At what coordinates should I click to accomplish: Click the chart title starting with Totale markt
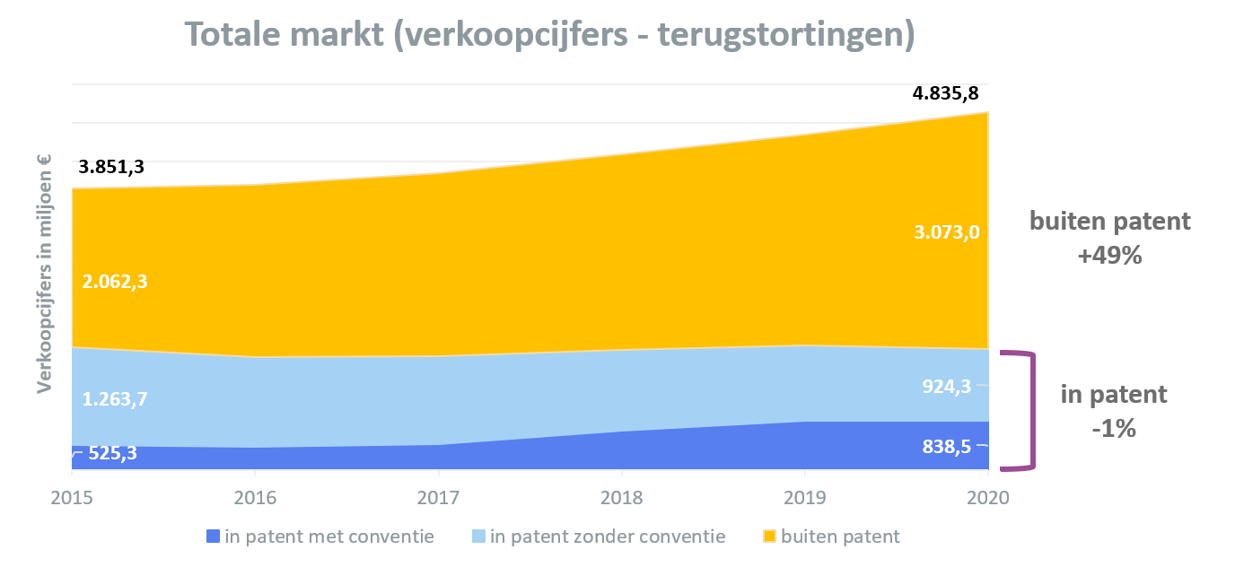(549, 34)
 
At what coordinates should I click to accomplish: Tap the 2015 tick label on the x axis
(72, 498)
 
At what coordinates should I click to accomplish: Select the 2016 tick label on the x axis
(255, 498)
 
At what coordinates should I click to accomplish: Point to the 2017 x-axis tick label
(438, 498)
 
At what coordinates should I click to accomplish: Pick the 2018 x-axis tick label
(621, 498)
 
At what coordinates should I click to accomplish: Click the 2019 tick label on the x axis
(805, 498)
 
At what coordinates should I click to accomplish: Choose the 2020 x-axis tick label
(988, 498)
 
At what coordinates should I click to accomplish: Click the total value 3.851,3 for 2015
(111, 167)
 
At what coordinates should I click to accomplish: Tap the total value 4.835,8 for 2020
(946, 93)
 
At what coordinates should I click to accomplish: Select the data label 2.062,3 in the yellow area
(115, 282)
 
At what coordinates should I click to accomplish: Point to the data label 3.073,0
(947, 232)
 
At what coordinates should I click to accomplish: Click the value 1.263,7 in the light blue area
(115, 398)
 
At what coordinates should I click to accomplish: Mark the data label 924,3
(947, 387)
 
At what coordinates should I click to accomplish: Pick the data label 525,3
(112, 453)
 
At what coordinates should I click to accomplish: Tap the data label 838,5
(947, 446)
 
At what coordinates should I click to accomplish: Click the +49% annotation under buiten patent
(1110, 255)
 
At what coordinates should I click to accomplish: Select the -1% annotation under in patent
(1114, 428)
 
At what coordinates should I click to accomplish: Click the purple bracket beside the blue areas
(1033, 411)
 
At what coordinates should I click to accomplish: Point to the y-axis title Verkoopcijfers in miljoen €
(44, 274)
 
